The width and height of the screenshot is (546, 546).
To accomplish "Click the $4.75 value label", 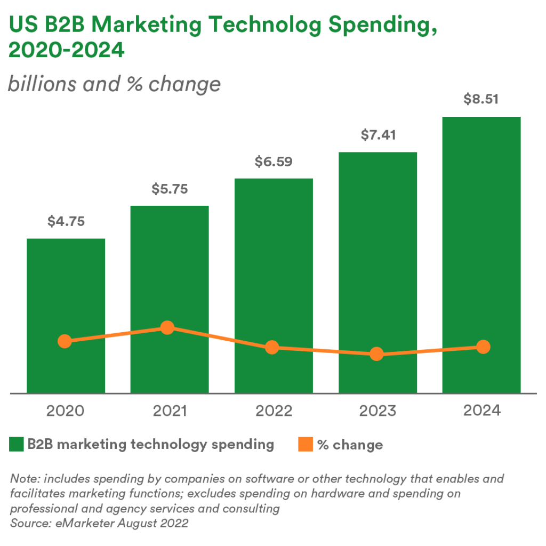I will coord(66,221).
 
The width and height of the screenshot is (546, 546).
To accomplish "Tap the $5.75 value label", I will coord(169,189).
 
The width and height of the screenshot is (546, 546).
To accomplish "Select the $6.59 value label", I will coord(274,161).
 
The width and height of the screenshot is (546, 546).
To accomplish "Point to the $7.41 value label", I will coord(378,135).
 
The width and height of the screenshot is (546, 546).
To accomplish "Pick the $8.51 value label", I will coord(481,99).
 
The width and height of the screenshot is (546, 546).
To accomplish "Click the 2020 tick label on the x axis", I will coord(66,411).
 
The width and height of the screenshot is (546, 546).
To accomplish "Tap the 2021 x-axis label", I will coord(169,411).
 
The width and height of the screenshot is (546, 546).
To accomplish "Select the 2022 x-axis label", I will coord(274,411).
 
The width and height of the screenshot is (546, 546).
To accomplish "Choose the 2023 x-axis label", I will coord(378,411).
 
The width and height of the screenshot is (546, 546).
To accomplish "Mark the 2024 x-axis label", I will coord(481,411).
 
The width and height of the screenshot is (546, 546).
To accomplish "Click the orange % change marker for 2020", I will coord(65,341).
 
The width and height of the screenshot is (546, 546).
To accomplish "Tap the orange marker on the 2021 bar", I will coord(167,327).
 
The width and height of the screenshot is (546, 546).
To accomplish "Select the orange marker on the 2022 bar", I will coord(272,348).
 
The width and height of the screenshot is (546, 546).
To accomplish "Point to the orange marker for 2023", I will coord(376,354).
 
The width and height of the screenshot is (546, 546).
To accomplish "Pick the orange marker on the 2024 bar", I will coord(483,347).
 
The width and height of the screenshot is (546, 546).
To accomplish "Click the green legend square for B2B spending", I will coord(17,444).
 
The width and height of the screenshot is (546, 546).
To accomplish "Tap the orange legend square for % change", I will coord(304,444).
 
